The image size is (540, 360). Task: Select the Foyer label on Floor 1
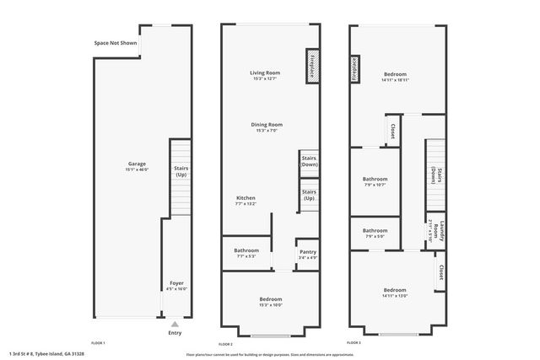pyautogui.click(x=176, y=283)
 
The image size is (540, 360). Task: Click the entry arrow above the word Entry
pyautogui.click(x=175, y=323)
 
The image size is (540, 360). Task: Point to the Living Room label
pyautogui.click(x=265, y=73)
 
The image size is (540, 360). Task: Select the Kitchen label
pyautogui.click(x=245, y=198)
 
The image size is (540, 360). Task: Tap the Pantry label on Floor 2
pyautogui.click(x=306, y=251)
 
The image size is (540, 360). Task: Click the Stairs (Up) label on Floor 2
pyautogui.click(x=309, y=196)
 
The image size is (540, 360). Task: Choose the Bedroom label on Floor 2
pyautogui.click(x=270, y=299)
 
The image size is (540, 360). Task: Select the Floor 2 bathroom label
pyautogui.click(x=247, y=250)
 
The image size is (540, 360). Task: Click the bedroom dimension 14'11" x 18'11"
pyautogui.click(x=395, y=80)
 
